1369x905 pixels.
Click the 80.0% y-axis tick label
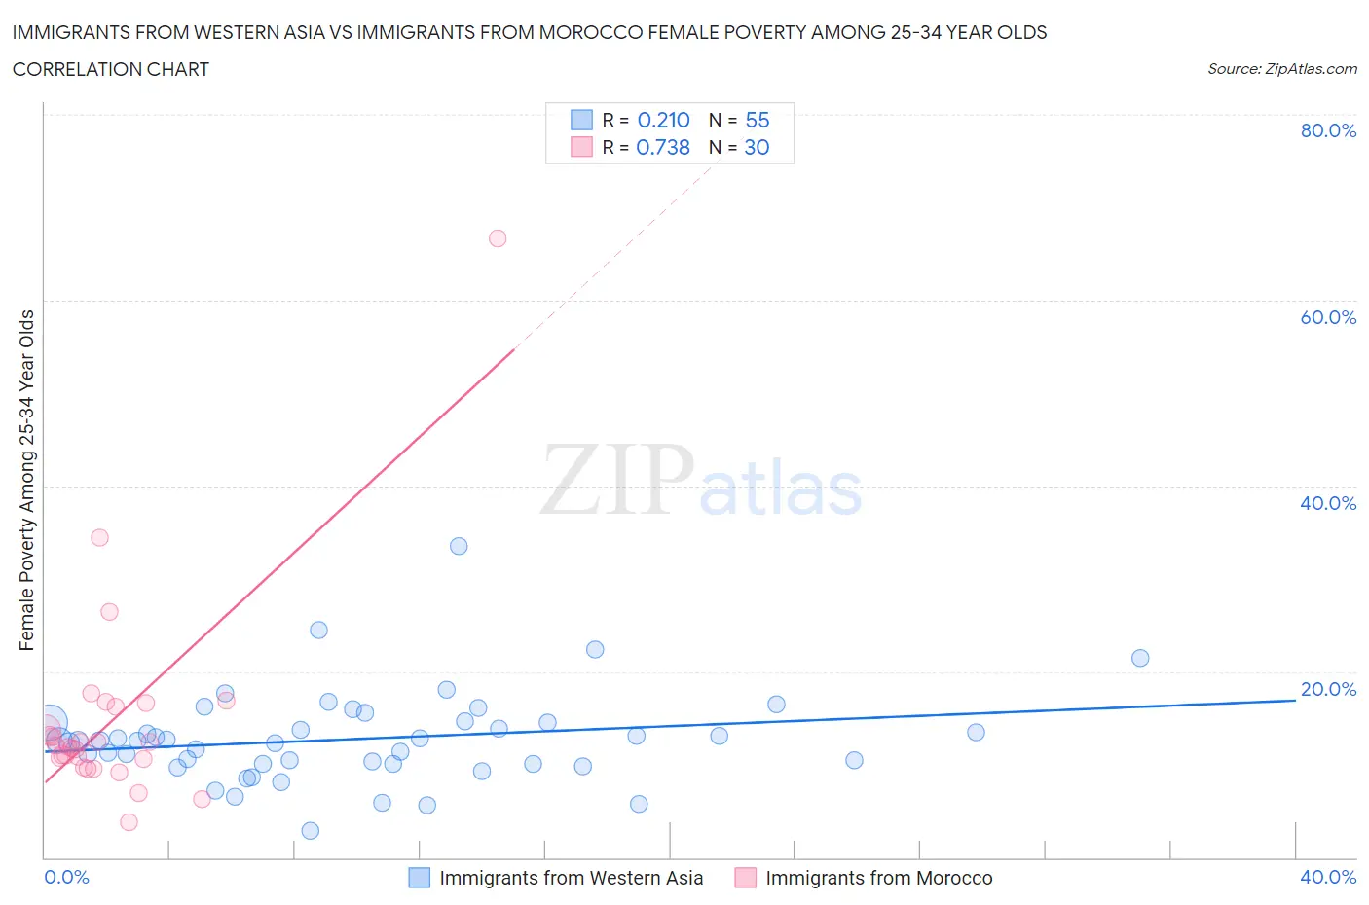point(1328,130)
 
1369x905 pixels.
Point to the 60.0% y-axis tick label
point(1328,317)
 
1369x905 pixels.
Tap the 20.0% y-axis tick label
point(1328,689)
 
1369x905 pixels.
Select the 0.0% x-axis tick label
point(66,877)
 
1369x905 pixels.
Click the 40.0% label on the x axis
point(1328,877)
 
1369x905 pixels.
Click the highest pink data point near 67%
point(498,238)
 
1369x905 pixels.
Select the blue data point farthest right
point(1140,658)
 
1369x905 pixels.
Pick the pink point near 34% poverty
point(99,537)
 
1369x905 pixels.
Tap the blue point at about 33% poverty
point(459,546)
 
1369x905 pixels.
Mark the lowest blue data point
point(311,830)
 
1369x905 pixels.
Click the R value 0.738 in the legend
point(663,147)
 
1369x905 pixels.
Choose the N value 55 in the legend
point(758,120)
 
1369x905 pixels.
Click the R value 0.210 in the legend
point(663,120)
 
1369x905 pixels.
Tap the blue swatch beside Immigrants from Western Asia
point(419,878)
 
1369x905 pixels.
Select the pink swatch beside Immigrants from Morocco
point(745,878)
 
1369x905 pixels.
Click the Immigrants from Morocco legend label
point(879,878)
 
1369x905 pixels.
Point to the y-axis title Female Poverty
point(26,480)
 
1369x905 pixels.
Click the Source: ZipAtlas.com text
point(1281,69)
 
